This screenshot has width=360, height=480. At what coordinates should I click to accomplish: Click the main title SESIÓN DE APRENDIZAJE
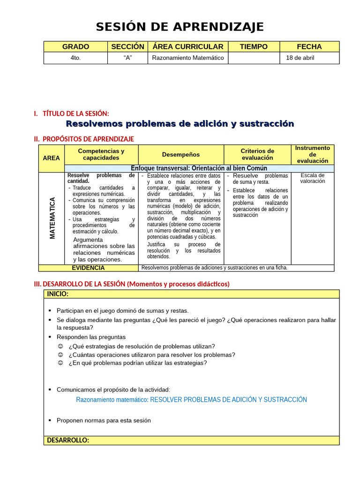(x=180, y=27)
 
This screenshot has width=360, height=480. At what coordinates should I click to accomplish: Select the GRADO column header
(x=75, y=46)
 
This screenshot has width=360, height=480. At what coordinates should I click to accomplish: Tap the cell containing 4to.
(x=75, y=58)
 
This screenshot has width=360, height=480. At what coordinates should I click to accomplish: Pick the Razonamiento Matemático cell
(x=187, y=58)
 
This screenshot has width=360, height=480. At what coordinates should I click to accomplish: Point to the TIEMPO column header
(x=254, y=46)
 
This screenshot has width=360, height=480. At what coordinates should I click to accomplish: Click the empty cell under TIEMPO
(x=254, y=58)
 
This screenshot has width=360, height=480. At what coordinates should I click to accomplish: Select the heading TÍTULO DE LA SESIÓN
(x=75, y=113)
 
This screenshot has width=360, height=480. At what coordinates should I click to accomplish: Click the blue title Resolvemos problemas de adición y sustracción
(x=180, y=124)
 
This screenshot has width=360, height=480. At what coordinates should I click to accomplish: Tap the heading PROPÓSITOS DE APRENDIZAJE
(x=88, y=139)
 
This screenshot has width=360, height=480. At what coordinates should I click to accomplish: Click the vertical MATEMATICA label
(x=52, y=218)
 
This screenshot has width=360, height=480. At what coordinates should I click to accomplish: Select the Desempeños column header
(x=181, y=155)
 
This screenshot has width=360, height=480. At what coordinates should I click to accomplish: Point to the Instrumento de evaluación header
(x=313, y=154)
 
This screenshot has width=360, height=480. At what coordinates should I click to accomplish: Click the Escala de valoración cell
(x=313, y=178)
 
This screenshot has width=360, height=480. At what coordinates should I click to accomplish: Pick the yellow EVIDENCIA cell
(x=88, y=268)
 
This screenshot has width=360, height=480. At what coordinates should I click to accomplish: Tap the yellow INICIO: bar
(x=192, y=294)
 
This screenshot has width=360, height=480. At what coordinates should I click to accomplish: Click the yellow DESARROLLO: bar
(x=192, y=441)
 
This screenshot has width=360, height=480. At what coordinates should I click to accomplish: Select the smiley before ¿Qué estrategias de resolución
(x=60, y=346)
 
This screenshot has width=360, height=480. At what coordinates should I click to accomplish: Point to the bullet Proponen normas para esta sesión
(x=104, y=420)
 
